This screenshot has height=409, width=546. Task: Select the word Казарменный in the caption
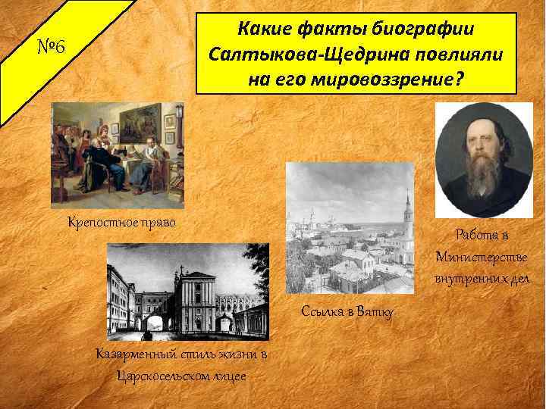tap(136, 354)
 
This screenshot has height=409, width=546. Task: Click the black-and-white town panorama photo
tap(350, 227)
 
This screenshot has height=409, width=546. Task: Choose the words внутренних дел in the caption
tap(483, 279)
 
